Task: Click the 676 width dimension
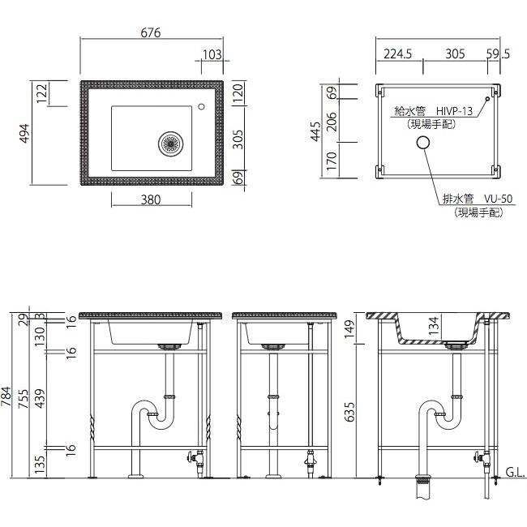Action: coord(151,32)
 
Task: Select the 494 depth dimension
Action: coord(25,134)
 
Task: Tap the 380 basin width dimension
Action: coord(151,200)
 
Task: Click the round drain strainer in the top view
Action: coord(171,144)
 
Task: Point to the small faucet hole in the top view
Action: coord(201,106)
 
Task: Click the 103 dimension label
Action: coord(212,54)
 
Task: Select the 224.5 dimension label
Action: coord(397,54)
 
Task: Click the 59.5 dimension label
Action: coord(498,54)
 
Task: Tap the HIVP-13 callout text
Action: coord(454,110)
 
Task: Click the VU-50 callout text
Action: coord(499,199)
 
